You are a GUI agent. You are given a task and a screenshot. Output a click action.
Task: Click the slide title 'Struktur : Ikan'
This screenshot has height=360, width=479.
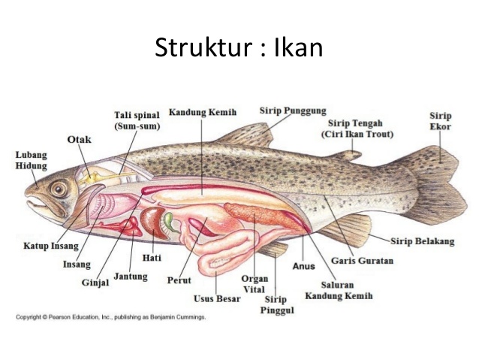click(x=239, y=47)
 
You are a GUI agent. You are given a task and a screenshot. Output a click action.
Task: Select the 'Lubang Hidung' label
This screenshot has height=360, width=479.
click(x=31, y=160)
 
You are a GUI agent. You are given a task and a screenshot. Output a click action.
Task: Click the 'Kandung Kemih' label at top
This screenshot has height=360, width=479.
click(x=202, y=112)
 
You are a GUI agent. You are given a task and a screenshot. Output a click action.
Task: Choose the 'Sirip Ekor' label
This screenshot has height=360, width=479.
click(x=440, y=121)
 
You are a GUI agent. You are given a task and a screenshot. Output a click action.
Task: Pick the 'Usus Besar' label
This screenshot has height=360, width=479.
click(x=217, y=298)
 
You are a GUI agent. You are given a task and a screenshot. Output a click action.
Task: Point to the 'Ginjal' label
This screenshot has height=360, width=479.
click(x=95, y=283)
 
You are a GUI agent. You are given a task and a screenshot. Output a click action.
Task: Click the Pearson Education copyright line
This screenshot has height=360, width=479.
click(x=110, y=317)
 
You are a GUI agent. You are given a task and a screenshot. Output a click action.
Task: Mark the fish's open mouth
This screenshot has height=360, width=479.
click(x=34, y=201)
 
